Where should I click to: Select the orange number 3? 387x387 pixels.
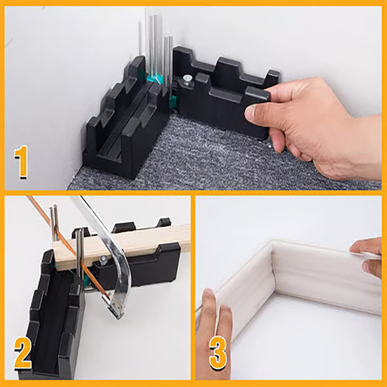[x=218, y=355]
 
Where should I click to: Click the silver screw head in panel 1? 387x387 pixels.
[x=186, y=78]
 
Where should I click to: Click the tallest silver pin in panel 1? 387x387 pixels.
[x=147, y=39]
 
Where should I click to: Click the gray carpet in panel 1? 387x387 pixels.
[x=203, y=160]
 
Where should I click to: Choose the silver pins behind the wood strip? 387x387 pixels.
[x=54, y=223]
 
